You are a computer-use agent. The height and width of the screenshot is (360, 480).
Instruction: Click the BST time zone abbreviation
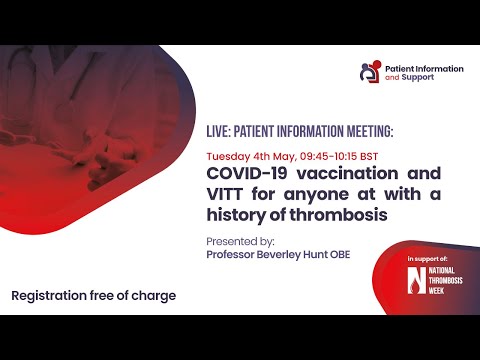[369, 157]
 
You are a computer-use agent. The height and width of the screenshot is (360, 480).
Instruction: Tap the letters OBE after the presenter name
[353, 254]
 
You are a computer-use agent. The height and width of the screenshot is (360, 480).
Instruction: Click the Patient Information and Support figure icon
[371, 72]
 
